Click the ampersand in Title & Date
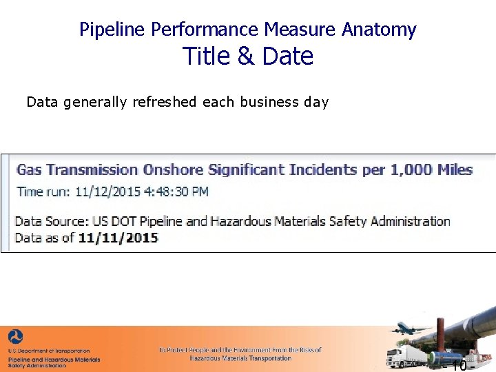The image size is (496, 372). [x=246, y=56]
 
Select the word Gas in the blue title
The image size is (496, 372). [x=29, y=169]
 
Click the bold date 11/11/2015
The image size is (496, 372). [x=118, y=238]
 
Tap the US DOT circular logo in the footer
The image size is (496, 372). [x=15, y=337]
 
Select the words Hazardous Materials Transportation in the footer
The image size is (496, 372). [x=240, y=358]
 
